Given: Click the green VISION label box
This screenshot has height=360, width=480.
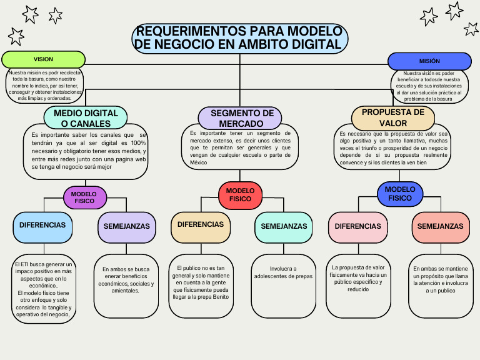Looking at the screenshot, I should pyautogui.click(x=43, y=59).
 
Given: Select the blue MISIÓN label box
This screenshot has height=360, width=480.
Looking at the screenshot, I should pyautogui.click(x=429, y=61).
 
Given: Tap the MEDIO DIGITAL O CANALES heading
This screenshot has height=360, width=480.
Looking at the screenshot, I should pyautogui.click(x=86, y=118).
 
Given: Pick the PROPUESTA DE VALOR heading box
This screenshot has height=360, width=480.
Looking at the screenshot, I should pyautogui.click(x=393, y=117).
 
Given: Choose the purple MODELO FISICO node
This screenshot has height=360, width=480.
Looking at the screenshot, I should pyautogui.click(x=84, y=197).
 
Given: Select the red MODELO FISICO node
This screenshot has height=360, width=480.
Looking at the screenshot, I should pyautogui.click(x=240, y=194).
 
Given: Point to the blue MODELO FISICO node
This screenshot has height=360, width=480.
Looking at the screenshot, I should pyautogui.click(x=399, y=194).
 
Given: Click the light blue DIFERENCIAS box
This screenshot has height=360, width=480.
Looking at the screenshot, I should pyautogui.click(x=42, y=225).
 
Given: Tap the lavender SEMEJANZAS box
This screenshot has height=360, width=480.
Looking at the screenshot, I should pyautogui.click(x=126, y=226).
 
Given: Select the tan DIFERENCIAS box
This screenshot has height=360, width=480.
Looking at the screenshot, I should pyautogui.click(x=201, y=225).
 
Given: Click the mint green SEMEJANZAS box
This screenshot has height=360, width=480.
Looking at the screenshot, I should pyautogui.click(x=284, y=226).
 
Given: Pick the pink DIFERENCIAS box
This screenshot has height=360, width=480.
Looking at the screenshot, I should pyautogui.click(x=357, y=227).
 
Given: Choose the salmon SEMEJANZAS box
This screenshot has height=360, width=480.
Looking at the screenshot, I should pyautogui.click(x=440, y=227).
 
